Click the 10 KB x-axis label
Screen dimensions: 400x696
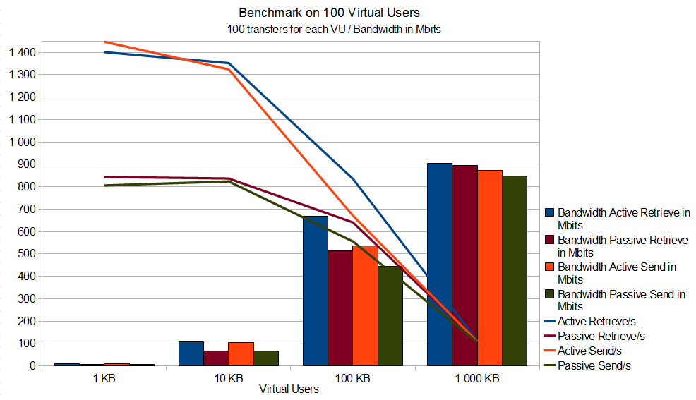pyautogui.click(x=228, y=378)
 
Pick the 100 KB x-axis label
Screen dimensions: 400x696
pyautogui.click(x=353, y=378)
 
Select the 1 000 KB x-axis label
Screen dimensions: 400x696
pyautogui.click(x=477, y=378)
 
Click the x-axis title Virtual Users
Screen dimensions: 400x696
pyautogui.click(x=289, y=389)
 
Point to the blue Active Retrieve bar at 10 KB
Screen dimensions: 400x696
pyautogui.click(x=191, y=353)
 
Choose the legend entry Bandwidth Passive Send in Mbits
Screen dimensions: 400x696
pyautogui.click(x=621, y=301)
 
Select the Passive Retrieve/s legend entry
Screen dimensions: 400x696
pyautogui.click(x=601, y=337)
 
